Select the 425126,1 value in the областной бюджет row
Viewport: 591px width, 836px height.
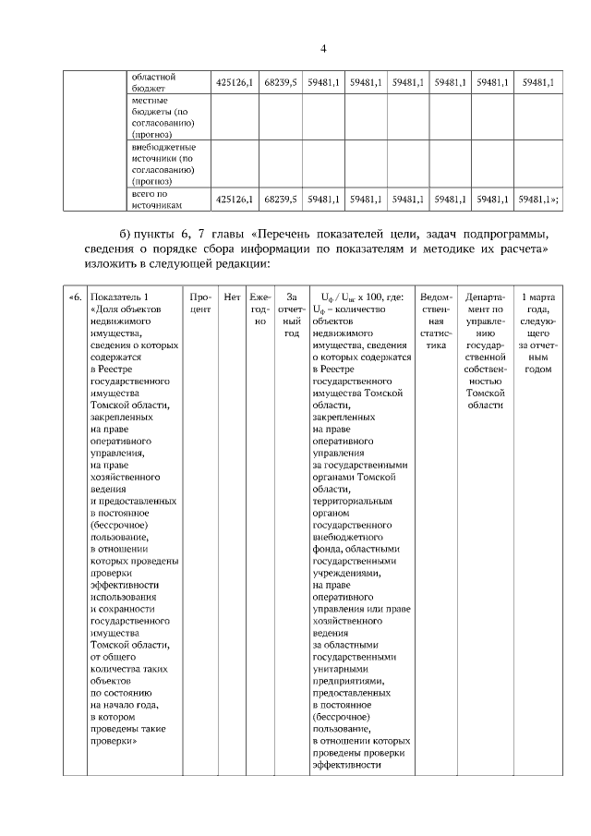pyautogui.click(x=233, y=82)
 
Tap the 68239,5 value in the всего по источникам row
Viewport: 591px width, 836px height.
pyautogui.click(x=280, y=199)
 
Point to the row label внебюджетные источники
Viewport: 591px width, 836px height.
pyautogui.click(x=162, y=164)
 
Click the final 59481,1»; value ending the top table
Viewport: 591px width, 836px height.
pyautogui.click(x=538, y=199)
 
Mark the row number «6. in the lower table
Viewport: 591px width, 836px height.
pyautogui.click(x=75, y=297)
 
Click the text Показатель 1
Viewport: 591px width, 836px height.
pyautogui.click(x=119, y=297)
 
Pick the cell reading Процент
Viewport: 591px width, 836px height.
pyautogui.click(x=200, y=303)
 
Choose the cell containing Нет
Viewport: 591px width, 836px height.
pyautogui.click(x=232, y=297)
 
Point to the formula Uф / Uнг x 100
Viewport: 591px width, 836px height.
pyautogui.click(x=350, y=297)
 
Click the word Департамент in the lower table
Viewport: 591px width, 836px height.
pyautogui.click(x=485, y=297)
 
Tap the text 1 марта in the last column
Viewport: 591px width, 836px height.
pyautogui.click(x=537, y=297)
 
